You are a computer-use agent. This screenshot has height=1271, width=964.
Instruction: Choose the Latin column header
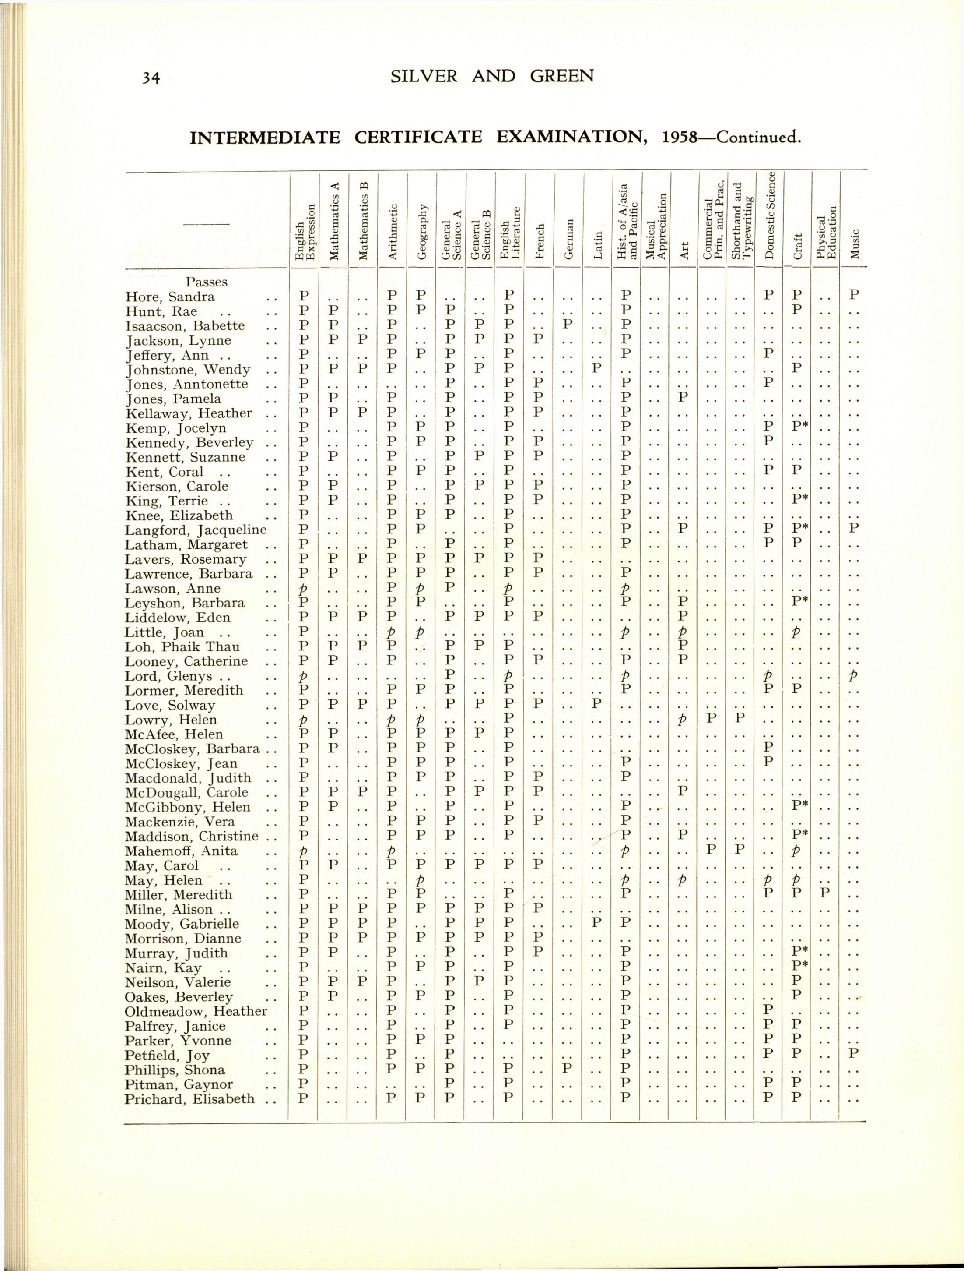point(598,245)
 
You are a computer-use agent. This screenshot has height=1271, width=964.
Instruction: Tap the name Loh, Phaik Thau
point(182,647)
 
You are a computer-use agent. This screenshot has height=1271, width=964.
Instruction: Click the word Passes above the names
point(206,282)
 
